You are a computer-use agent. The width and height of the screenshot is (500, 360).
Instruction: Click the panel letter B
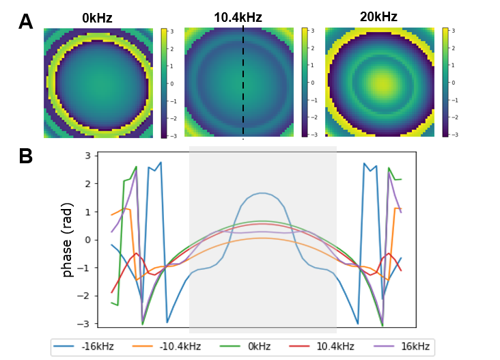click(26, 156)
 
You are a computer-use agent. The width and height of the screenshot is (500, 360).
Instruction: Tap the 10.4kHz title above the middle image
click(238, 18)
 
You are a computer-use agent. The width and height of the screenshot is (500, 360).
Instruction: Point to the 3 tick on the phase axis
click(87, 156)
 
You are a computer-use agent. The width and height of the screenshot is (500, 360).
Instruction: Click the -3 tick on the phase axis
click(85, 323)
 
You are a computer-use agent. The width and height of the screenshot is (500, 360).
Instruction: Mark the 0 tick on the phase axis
click(87, 240)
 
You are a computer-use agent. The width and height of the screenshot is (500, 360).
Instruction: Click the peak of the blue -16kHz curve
click(262, 193)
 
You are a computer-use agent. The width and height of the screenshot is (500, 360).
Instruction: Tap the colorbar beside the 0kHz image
click(163, 83)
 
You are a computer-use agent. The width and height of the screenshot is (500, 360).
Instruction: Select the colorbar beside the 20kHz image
click(445, 83)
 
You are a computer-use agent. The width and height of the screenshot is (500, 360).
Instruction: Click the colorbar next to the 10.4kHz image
click(304, 83)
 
